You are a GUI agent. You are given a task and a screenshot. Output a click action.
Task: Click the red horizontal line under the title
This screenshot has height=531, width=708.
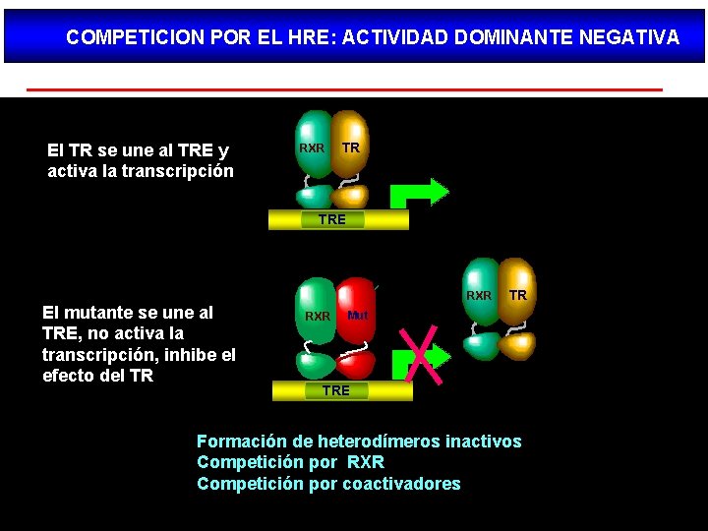point(344,89)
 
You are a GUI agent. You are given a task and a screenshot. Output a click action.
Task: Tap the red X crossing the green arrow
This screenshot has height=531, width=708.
point(422,354)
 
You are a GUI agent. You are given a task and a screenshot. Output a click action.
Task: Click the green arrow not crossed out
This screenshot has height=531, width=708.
point(419,192)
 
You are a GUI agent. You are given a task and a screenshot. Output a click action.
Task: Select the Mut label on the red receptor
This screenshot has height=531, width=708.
point(357,316)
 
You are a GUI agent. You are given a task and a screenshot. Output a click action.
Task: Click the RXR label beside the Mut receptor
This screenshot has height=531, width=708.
point(318,317)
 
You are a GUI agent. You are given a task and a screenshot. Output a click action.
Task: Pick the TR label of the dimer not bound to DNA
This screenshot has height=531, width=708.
point(518,295)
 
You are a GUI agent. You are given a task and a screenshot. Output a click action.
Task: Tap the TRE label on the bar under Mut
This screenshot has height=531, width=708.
point(335,390)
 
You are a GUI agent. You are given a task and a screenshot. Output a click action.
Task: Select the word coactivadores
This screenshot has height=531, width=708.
point(401,483)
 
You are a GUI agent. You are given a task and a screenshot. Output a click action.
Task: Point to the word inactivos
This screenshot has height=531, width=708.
point(483,442)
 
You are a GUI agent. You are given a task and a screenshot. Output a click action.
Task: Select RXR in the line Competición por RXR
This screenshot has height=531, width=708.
point(366,462)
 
